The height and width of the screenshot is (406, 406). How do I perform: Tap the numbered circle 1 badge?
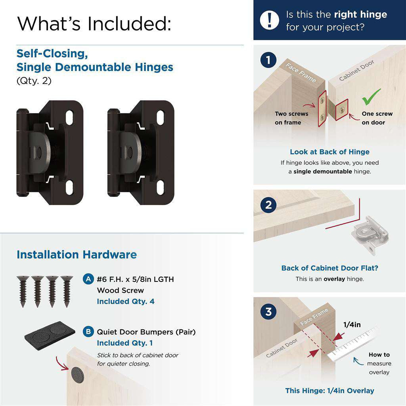[268, 61]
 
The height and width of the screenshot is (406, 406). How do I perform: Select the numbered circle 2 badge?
[268, 205]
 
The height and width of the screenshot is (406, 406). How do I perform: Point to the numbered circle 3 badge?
[268, 312]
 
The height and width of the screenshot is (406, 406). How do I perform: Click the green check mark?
[371, 97]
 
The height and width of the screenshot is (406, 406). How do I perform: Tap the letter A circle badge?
[88, 279]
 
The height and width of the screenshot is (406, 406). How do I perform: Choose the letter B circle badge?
[88, 331]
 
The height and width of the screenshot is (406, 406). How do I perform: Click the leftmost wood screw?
[22, 291]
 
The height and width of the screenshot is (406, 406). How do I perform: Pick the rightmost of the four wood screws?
[65, 291]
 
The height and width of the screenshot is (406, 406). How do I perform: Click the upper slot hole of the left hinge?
[69, 116]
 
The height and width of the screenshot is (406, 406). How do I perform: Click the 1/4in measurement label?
[352, 325]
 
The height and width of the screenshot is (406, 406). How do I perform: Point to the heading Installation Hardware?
[77, 255]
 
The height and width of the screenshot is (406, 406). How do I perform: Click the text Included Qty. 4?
[126, 301]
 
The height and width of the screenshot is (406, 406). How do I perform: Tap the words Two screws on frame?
[291, 118]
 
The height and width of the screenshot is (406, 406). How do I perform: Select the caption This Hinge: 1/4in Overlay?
[329, 391]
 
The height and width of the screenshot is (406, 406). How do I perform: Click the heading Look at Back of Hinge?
[329, 152]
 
